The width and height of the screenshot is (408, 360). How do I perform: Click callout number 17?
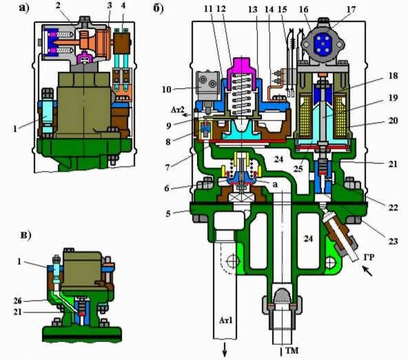pyautogui.click(x=351, y=10)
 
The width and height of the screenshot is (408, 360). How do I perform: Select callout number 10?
pyautogui.click(x=167, y=90)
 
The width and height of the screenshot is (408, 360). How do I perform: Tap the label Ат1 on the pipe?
pyautogui.click(x=225, y=320)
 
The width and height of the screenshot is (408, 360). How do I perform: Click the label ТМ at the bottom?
pyautogui.click(x=292, y=350)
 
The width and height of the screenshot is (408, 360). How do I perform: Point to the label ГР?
pyautogui.click(x=369, y=257)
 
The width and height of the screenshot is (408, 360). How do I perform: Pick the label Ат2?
pyautogui.click(x=178, y=110)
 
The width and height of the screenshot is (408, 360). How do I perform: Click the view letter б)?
pyautogui.click(x=159, y=8)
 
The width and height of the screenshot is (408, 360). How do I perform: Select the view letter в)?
pyautogui.click(x=25, y=235)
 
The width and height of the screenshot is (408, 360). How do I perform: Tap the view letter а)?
pyautogui.click(x=24, y=8)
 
